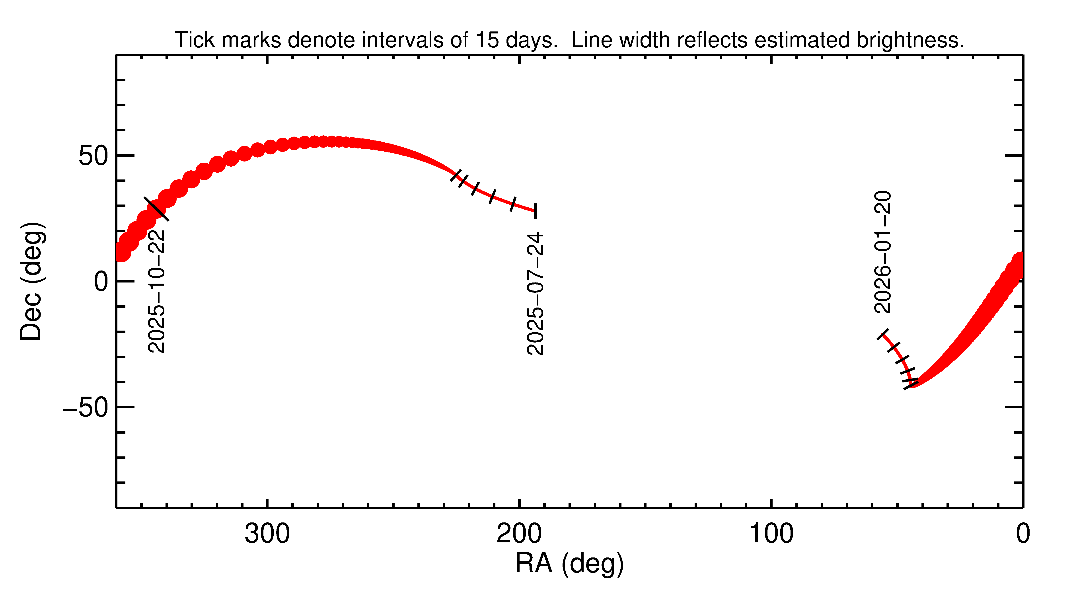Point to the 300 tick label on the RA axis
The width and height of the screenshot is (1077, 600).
coord(267,534)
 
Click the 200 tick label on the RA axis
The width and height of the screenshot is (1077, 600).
coord(519,534)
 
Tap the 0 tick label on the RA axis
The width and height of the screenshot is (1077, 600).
coord(1023,534)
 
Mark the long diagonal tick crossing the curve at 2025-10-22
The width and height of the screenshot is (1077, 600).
coord(156,209)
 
